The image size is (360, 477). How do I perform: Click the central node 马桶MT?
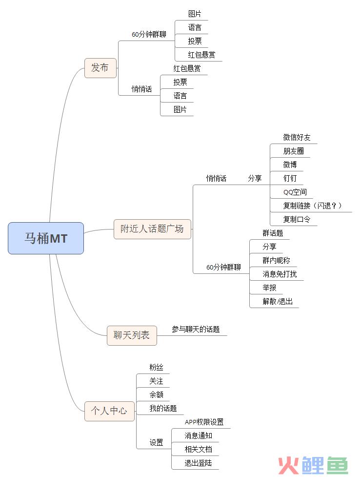[x=46, y=238]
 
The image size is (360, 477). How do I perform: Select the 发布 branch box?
[x=100, y=68]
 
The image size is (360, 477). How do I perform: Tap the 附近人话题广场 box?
[x=152, y=228]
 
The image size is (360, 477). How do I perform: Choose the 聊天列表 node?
[x=132, y=335]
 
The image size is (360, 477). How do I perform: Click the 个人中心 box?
[x=109, y=411]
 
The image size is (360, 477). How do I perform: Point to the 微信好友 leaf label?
[x=297, y=137]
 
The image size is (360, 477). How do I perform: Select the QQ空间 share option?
[x=295, y=192]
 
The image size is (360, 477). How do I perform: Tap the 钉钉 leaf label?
[x=290, y=178]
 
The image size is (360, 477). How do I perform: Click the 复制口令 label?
[x=297, y=219]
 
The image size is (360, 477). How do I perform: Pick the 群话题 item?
[x=273, y=233]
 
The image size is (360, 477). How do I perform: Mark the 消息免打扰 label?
[x=280, y=274]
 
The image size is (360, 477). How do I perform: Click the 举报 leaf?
[x=269, y=288]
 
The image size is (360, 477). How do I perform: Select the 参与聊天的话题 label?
[x=196, y=330]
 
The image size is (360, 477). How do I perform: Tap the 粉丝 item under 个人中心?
[x=156, y=367]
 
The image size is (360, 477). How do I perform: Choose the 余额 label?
[x=156, y=394]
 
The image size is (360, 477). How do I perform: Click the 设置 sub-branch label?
[x=156, y=442]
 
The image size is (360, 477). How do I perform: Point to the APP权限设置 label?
[x=204, y=422]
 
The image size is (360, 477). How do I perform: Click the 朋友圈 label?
[x=293, y=151]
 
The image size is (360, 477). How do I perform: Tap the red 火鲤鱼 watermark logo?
[x=313, y=465]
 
